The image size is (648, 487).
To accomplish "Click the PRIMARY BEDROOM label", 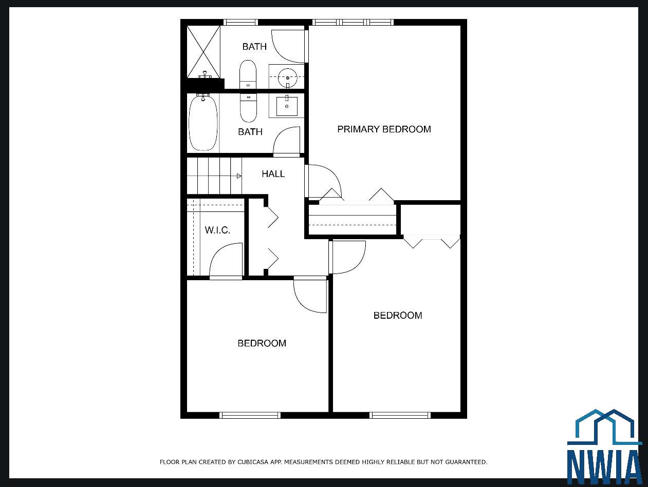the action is (x=384, y=129).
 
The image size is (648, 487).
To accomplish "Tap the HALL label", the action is (x=273, y=174).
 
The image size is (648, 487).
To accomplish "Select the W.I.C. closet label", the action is (x=217, y=230).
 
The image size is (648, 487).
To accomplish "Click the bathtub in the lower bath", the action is (x=203, y=123).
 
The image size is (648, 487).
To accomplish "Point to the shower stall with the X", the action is (x=203, y=52).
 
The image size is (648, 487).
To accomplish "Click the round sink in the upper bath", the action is (x=288, y=78).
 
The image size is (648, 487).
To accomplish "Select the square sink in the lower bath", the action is (x=287, y=106).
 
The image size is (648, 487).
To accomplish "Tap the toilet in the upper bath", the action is (x=248, y=74).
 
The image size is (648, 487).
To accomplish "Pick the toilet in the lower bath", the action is (x=248, y=108).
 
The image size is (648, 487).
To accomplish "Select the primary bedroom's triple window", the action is (x=353, y=22).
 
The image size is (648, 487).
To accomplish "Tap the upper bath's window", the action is (x=240, y=22).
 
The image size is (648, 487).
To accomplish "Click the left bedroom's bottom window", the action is (x=250, y=415).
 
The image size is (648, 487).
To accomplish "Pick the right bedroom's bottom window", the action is (x=400, y=415).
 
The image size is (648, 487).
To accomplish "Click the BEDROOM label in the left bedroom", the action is (x=262, y=343).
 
